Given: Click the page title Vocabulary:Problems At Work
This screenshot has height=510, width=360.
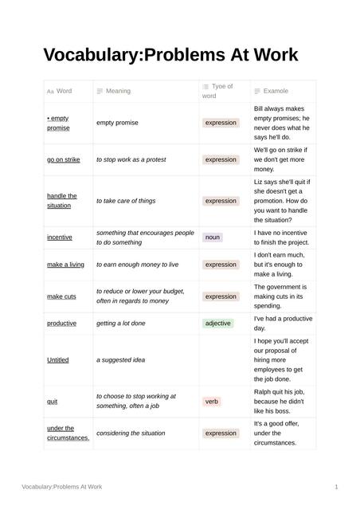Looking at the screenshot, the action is point(170,55).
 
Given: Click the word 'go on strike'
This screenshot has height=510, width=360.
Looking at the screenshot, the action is point(64,159).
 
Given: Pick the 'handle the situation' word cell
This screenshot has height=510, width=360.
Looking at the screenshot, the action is point(62,201).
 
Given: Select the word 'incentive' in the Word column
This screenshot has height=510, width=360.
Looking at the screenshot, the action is point(60,237).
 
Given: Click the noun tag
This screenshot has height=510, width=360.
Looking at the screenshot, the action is point(213,237).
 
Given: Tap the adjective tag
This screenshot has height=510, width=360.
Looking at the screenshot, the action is point(217,324).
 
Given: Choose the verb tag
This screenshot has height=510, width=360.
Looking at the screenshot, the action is point(212,402).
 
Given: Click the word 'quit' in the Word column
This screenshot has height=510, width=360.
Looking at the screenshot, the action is point(53,402).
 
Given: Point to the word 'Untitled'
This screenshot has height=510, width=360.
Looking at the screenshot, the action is point(58,360).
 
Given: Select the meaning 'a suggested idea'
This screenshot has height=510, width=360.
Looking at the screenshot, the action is point(121,360).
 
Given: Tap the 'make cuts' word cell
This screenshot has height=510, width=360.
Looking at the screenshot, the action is point(61,296).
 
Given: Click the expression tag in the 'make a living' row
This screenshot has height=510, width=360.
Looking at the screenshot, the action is point(221,265).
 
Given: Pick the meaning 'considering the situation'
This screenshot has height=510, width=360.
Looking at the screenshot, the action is point(131,433).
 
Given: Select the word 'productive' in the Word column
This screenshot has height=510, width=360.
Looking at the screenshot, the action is point(62,324).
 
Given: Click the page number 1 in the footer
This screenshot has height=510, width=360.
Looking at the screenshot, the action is point(337,486).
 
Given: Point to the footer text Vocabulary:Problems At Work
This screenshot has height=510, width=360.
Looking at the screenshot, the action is point(62,486).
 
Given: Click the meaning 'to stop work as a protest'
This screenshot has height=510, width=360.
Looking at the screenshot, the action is point(131,159).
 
